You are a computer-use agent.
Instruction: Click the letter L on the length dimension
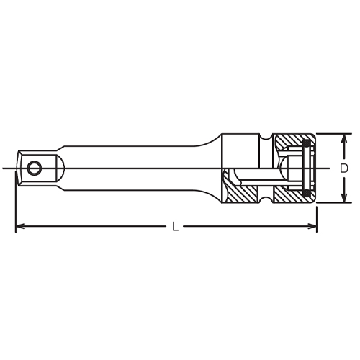pos(176,226)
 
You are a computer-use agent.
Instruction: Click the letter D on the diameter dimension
pos(344,168)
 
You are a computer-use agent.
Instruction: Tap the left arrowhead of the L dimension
pos(20,226)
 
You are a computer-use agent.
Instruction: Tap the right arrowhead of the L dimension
pos(312,226)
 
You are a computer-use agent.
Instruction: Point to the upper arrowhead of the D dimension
pos(344,139)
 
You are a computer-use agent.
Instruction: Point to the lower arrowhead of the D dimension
pos(344,197)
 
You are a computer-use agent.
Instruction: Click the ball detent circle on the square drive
pos(34,168)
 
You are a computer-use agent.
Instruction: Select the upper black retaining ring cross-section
pos(307,143)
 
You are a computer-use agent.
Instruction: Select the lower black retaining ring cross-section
pos(307,193)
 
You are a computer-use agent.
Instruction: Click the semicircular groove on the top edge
pos(266,138)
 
